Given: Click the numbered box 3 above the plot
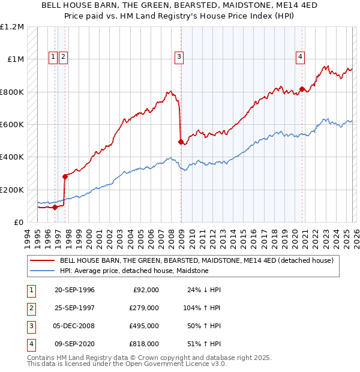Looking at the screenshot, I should (179, 57).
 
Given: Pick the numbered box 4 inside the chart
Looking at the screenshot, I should (300, 57).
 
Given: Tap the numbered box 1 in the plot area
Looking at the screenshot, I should (53, 57).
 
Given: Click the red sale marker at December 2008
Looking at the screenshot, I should (181, 142).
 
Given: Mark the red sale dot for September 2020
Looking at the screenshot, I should (301, 89).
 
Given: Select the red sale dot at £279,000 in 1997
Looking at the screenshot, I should (65, 176).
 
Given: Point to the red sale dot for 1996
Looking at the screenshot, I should (55, 207).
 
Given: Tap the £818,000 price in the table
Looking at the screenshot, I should (145, 344).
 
